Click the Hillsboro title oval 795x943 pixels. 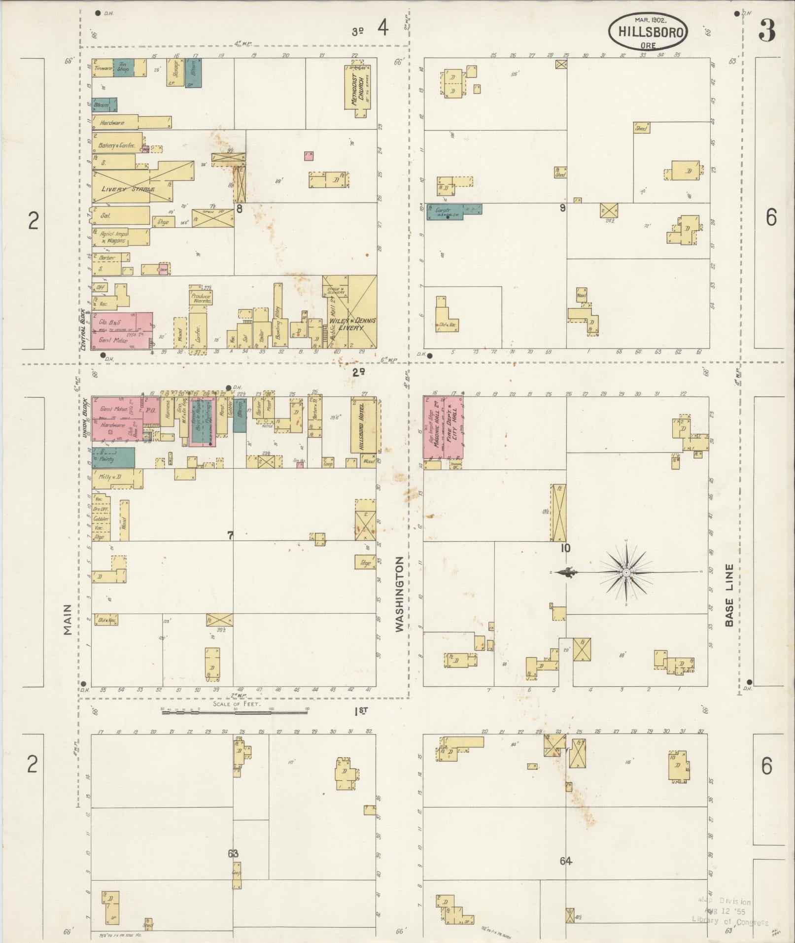[x=649, y=32]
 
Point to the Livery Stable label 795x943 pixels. [x=128, y=189]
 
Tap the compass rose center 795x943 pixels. [x=625, y=572]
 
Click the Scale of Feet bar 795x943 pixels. [x=235, y=710]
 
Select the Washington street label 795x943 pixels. [x=399, y=594]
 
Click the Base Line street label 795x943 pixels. [x=729, y=595]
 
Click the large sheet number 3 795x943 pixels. [x=766, y=31]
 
